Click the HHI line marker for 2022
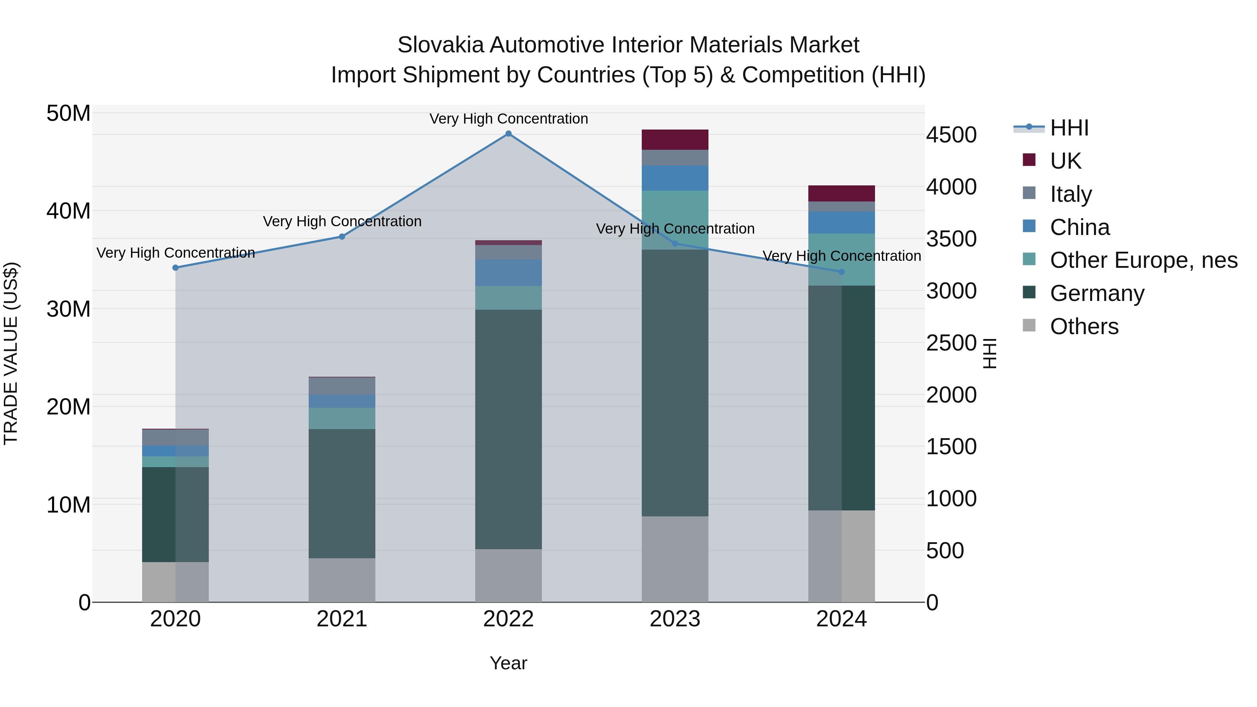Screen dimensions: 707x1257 [x=508, y=134]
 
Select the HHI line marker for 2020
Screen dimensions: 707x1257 [x=176, y=267]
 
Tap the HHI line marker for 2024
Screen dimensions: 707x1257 [x=841, y=272]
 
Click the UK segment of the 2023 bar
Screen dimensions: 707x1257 [x=675, y=140]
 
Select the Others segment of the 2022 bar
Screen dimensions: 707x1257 [x=508, y=575]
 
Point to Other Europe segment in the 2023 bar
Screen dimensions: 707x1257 [x=675, y=220]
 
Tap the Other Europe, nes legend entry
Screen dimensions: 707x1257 [x=1143, y=260]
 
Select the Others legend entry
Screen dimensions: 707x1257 [x=1084, y=326]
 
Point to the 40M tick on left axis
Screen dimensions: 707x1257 [x=68, y=211]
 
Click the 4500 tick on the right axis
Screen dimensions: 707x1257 [x=951, y=135]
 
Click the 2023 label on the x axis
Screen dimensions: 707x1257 [x=675, y=619]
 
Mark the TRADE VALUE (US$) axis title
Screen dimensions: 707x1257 [x=11, y=353]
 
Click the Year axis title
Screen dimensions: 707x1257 [x=508, y=663]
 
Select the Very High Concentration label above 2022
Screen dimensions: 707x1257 [x=508, y=119]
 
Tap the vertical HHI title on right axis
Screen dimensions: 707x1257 [x=990, y=353]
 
